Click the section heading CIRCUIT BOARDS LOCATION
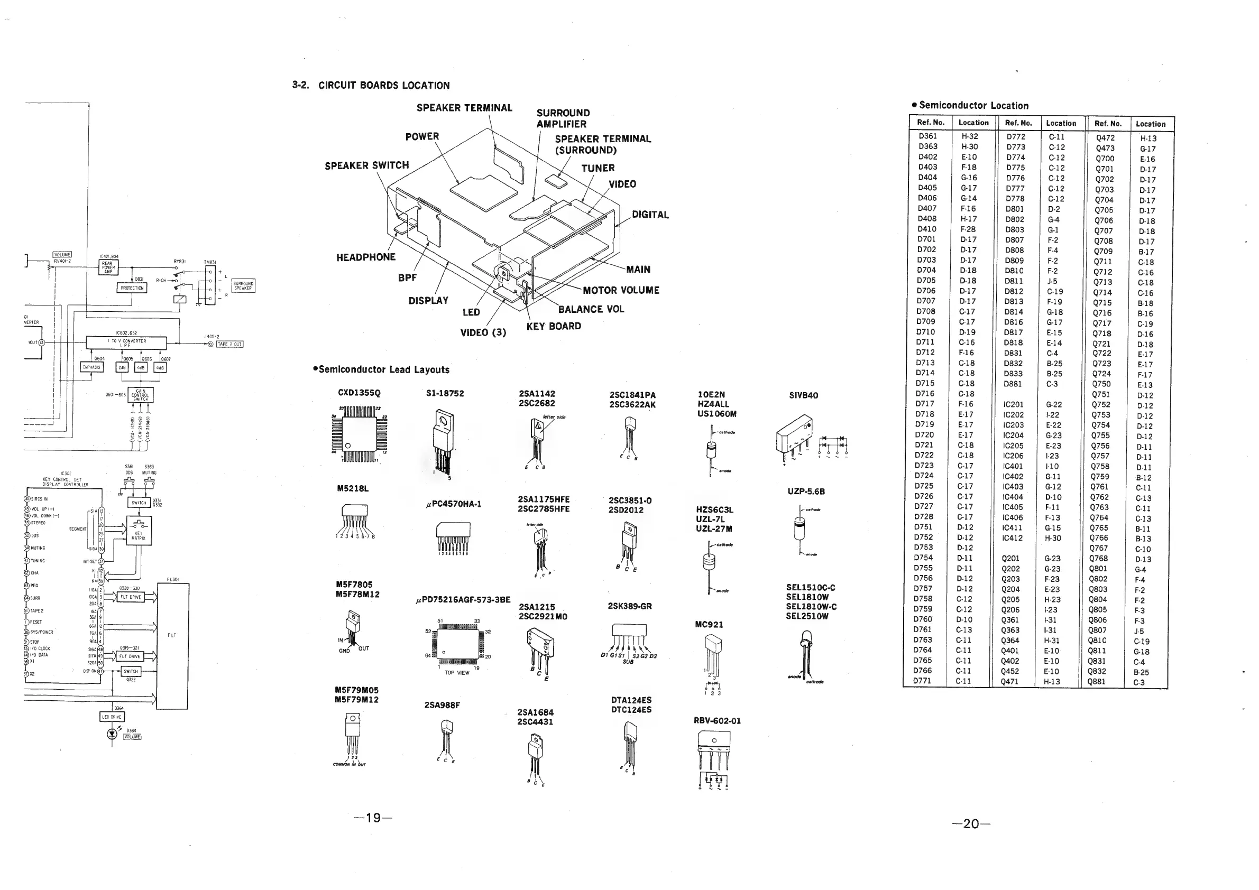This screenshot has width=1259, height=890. click(383, 86)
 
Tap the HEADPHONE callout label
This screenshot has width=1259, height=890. click(366, 257)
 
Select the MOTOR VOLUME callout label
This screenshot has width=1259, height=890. click(621, 291)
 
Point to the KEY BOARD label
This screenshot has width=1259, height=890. click(553, 327)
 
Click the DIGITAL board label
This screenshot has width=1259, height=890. click(650, 215)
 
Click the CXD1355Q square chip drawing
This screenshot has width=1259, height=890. click(359, 433)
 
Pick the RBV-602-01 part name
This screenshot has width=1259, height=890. click(716, 721)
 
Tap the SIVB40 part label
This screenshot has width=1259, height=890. click(803, 396)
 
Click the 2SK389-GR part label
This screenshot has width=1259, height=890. click(629, 606)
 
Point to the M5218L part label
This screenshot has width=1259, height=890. click(353, 489)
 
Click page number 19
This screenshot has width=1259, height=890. click(373, 818)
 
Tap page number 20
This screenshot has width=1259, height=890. click(971, 824)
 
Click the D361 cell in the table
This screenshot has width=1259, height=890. click(928, 136)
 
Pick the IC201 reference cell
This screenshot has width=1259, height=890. click(1013, 404)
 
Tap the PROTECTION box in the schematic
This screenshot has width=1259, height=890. click(132, 288)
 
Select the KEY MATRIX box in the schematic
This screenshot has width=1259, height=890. click(139, 530)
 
